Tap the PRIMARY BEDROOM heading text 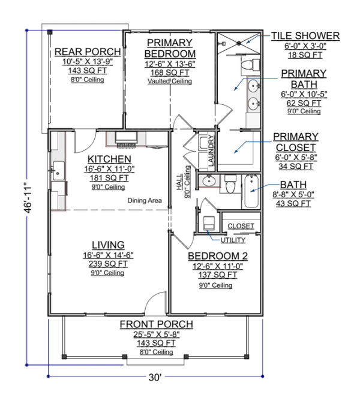coord(169,47)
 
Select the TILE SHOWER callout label coord(305,36)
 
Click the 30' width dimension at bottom coord(155,378)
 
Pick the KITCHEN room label coord(109,159)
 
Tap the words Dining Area coord(145,201)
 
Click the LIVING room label coord(108,245)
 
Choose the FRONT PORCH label coord(155,324)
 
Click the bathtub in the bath coord(252,191)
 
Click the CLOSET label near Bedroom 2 coord(241,227)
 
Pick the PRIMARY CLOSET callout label coord(295,142)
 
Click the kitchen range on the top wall coord(126,141)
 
